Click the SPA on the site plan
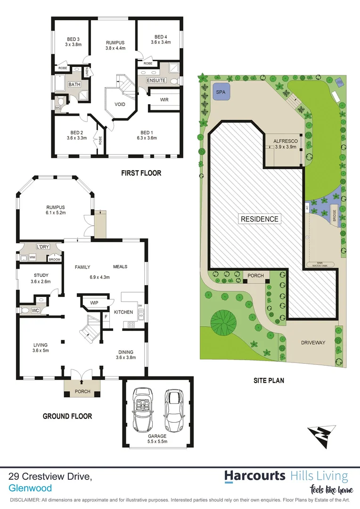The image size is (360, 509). (x=221, y=92)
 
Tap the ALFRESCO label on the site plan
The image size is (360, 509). (x=285, y=141)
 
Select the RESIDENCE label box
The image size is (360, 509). (x=260, y=219)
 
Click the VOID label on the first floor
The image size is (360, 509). (x=120, y=104)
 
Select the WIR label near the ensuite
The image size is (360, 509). (x=164, y=100)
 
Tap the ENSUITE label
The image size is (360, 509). (x=156, y=81)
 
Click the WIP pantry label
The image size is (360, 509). (x=94, y=302)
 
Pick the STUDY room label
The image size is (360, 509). (x=41, y=275)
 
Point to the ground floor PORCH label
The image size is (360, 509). (x=82, y=391)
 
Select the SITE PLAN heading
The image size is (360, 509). (x=269, y=380)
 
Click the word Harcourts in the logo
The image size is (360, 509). (x=254, y=476)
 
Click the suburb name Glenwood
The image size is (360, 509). (x=30, y=488)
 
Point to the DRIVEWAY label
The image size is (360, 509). (x=313, y=343)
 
